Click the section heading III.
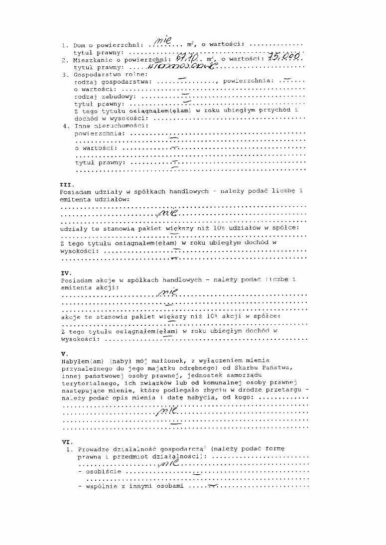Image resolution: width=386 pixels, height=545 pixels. (66, 184)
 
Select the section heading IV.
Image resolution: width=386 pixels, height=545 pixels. (66, 272)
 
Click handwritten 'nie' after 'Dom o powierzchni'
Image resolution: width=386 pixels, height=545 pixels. (163, 39)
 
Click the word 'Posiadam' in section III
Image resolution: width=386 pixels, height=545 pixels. (74, 191)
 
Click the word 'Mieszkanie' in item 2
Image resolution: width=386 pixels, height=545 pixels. (92, 60)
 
